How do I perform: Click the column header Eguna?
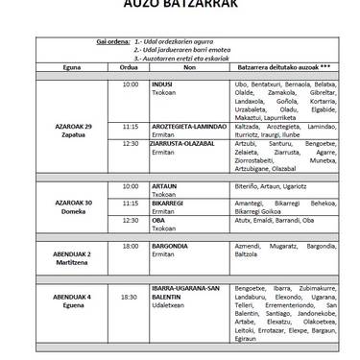(72, 67)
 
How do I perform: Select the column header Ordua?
(131, 67)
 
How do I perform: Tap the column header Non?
(189, 67)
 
